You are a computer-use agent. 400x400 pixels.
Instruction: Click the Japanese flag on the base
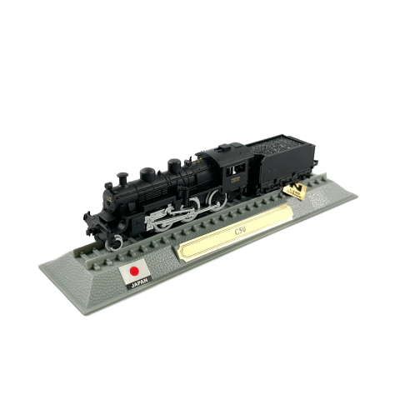tap(135, 272)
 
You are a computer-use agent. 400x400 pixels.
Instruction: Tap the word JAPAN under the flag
tap(138, 283)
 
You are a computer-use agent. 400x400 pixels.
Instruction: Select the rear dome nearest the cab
tap(173, 166)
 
